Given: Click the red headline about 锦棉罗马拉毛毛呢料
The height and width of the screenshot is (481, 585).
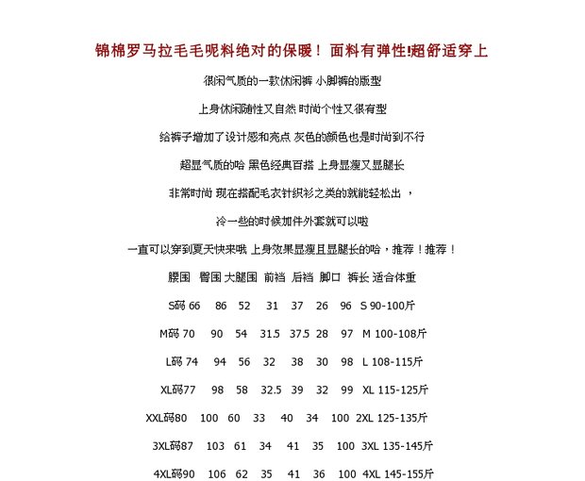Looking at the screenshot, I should [292, 51].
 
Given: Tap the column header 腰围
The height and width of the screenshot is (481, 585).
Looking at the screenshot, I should [179, 277].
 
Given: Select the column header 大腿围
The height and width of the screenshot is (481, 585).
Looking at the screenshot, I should [241, 277].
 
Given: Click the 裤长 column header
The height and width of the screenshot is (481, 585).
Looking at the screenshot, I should [358, 277].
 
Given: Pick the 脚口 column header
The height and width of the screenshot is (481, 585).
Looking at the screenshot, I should [329, 277].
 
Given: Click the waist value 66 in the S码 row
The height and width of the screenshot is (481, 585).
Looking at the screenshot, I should [194, 306].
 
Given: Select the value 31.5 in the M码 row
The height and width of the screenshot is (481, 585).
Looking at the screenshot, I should [270, 333].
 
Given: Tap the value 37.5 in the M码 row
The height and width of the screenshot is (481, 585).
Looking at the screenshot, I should [300, 333].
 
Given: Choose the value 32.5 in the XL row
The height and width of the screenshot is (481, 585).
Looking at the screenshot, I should [271, 389].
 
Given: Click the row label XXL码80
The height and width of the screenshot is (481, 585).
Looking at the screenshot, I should [166, 417].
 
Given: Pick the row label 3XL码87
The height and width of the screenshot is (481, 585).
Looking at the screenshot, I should [172, 445].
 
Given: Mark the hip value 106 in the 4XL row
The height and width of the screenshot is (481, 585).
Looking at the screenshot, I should [216, 473].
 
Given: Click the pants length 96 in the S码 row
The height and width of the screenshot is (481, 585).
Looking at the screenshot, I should [345, 306].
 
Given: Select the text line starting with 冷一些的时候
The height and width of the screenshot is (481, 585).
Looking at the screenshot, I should [292, 221].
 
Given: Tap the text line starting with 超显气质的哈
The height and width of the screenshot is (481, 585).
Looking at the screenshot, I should [292, 165].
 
